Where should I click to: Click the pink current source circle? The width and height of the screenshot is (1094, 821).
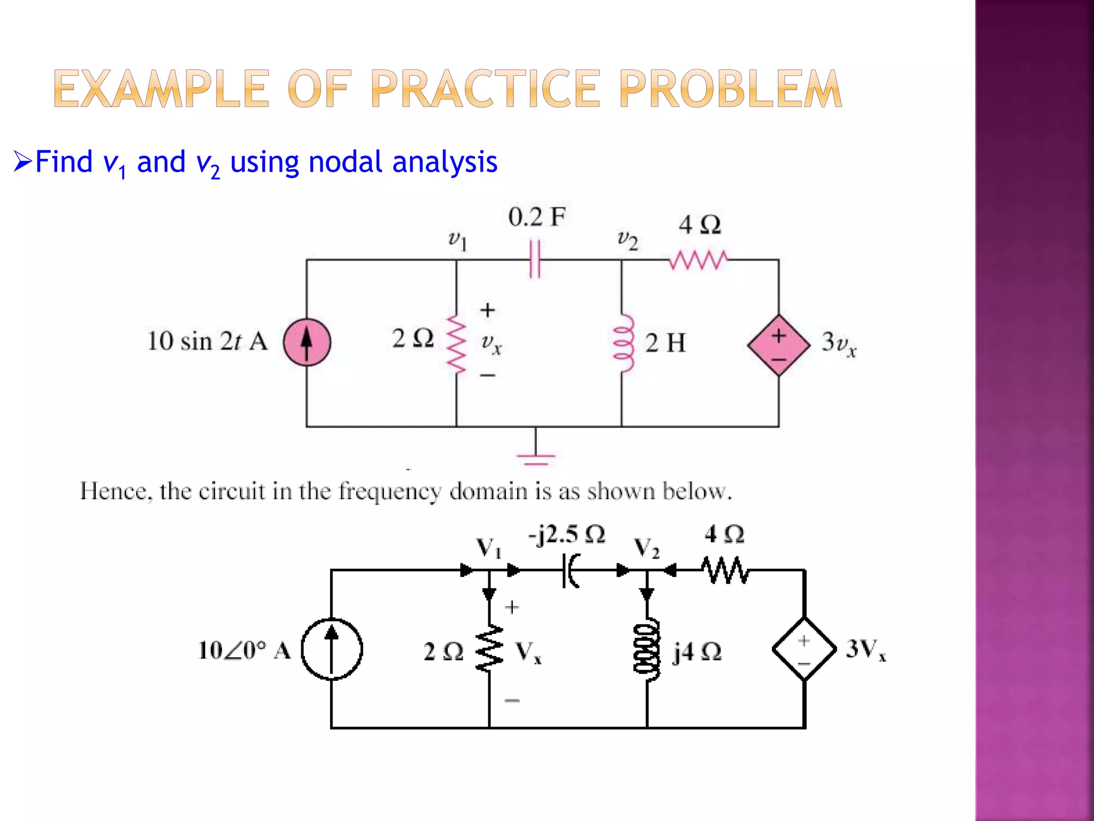pyautogui.click(x=307, y=342)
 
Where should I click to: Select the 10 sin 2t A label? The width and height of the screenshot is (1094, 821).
pyautogui.click(x=207, y=342)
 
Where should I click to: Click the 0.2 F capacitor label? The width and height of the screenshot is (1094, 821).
pyautogui.click(x=536, y=217)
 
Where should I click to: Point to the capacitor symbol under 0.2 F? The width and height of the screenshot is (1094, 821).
pyautogui.click(x=535, y=259)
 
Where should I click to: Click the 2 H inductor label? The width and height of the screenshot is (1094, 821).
pyautogui.click(x=665, y=343)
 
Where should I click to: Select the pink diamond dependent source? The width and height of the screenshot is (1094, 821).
pyautogui.click(x=779, y=345)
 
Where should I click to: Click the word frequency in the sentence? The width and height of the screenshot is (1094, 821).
pyautogui.click(x=390, y=491)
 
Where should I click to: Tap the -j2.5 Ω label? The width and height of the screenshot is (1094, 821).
pyautogui.click(x=566, y=534)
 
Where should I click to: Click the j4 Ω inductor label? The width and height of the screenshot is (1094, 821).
pyautogui.click(x=697, y=652)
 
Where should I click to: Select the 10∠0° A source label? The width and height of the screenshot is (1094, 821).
pyautogui.click(x=244, y=650)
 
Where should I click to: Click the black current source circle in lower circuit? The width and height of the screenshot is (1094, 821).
pyautogui.click(x=332, y=649)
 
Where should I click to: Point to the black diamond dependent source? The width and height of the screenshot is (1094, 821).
pyautogui.click(x=804, y=649)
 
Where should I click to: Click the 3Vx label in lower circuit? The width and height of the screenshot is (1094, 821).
pyautogui.click(x=865, y=650)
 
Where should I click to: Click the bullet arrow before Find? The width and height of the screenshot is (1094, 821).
pyautogui.click(x=23, y=161)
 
